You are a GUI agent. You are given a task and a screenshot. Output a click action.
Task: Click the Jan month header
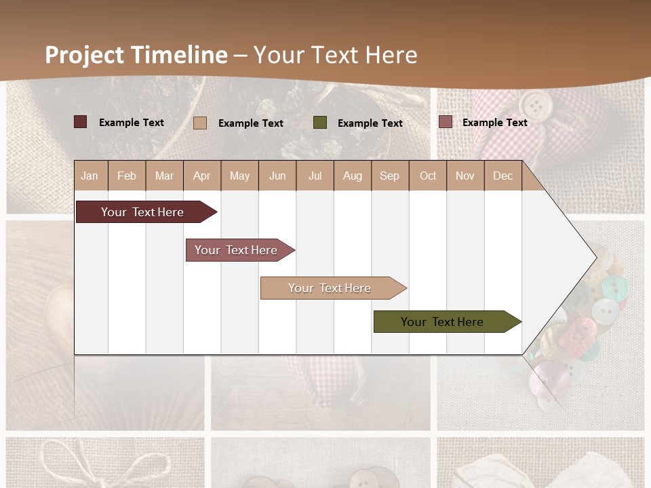click(90, 176)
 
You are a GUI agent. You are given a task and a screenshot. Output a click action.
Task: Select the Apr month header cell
click(202, 176)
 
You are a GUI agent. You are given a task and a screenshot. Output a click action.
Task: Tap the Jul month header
click(315, 176)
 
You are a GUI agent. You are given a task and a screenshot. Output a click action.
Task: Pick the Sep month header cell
click(390, 176)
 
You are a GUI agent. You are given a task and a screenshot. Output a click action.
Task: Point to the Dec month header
click(502, 176)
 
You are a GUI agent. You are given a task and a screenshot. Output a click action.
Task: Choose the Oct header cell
click(428, 176)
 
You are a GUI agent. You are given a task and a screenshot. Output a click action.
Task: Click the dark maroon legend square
click(81, 122)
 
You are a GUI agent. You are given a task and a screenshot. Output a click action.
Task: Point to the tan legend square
click(200, 123)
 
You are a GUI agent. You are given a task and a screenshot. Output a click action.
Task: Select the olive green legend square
click(320, 122)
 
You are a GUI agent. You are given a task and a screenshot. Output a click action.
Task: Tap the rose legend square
click(445, 122)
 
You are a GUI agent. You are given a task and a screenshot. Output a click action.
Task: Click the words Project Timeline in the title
click(136, 55)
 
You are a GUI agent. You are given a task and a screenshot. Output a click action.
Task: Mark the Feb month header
click(127, 176)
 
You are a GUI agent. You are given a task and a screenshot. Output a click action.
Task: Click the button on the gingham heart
click(536, 104)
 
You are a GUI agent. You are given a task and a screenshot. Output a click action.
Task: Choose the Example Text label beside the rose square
click(494, 123)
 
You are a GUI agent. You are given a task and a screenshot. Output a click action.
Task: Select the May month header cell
click(239, 176)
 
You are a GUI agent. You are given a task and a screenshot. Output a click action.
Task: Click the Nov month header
click(465, 176)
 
